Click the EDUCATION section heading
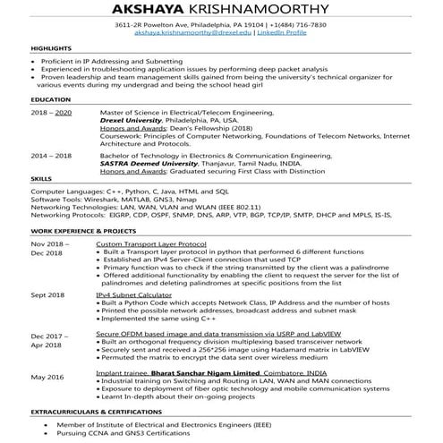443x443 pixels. pyautogui.click(x=47, y=100)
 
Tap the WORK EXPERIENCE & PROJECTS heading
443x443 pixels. pyautogui.click(x=76, y=231)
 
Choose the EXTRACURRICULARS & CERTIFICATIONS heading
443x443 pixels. pyautogui.click(x=88, y=411)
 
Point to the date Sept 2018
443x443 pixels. pyautogui.click(x=47, y=294)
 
